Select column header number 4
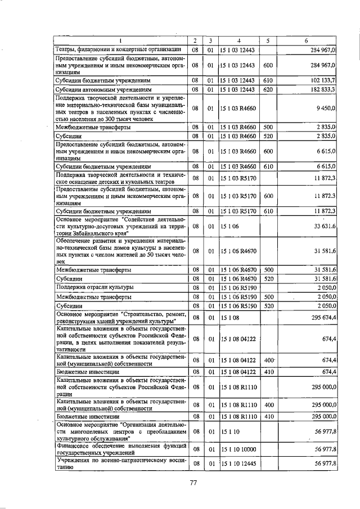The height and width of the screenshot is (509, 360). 238,41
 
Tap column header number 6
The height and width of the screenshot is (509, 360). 305,41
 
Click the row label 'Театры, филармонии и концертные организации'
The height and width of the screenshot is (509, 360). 118,50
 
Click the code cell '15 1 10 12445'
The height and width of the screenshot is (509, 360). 239,463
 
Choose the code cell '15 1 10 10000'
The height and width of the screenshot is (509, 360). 239,448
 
